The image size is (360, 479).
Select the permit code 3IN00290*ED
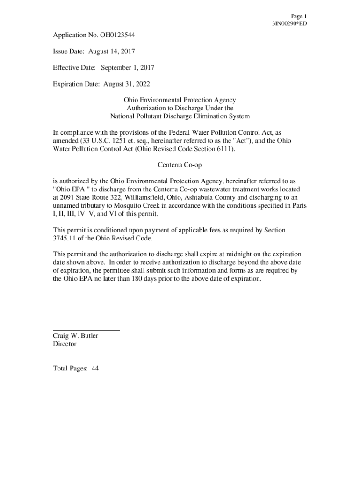[x=289, y=23]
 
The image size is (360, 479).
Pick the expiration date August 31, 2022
[x=121, y=84]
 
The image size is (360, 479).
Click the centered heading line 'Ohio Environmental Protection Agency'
[x=180, y=100]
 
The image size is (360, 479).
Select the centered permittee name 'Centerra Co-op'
[x=180, y=165]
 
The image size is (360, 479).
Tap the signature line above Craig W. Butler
[x=86, y=330]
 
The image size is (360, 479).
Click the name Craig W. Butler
[x=75, y=336]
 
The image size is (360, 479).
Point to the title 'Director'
[x=65, y=344]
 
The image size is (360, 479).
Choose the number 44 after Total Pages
[x=95, y=369]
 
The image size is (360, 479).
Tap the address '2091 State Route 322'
[x=90, y=197]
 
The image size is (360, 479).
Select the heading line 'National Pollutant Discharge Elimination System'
[x=180, y=116]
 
